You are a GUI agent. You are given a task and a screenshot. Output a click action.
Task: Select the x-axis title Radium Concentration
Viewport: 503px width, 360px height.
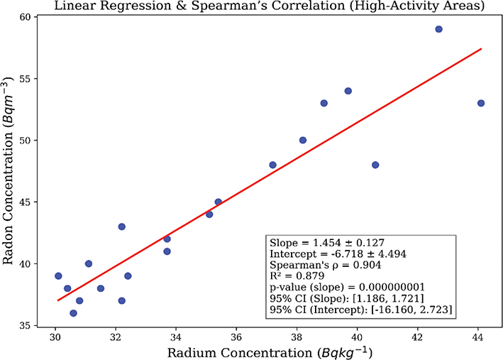tap(270, 351)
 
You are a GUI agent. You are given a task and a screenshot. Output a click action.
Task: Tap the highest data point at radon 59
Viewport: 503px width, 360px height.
tap(438, 29)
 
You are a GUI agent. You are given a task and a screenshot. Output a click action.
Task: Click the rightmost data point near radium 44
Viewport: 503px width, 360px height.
tap(481, 103)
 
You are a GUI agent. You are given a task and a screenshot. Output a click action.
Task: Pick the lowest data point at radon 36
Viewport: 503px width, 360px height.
tap(73, 313)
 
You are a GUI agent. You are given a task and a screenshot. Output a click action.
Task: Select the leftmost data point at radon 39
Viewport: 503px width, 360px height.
tap(58, 276)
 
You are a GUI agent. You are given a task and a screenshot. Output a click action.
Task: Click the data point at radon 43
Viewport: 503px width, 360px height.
tap(122, 227)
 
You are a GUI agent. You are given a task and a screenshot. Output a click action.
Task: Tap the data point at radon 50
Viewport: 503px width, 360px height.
tap(303, 140)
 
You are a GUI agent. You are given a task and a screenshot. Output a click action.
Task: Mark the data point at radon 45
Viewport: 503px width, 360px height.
tap(219, 202)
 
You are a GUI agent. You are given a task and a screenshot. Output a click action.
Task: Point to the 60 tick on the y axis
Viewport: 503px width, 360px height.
tap(34, 17)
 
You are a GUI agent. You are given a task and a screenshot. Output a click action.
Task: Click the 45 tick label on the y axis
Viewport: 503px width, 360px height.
tap(34, 202)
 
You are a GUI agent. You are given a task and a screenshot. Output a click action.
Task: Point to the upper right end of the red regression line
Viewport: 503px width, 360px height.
tap(482, 49)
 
